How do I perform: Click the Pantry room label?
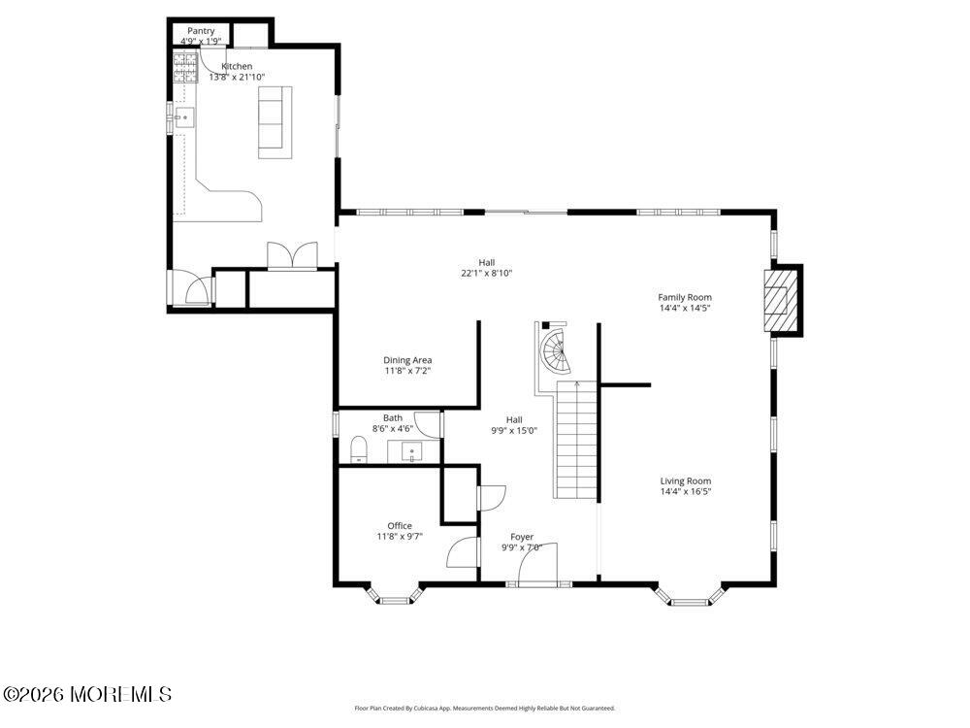[201, 31]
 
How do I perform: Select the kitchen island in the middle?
[274, 121]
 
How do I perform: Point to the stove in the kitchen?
[184, 68]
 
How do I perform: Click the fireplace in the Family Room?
[782, 301]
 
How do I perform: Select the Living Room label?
[686, 480]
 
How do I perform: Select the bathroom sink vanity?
[413, 451]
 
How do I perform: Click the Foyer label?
[522, 537]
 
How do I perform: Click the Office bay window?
[394, 595]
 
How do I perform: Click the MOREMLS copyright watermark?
[87, 694]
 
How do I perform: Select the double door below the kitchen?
[291, 254]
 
